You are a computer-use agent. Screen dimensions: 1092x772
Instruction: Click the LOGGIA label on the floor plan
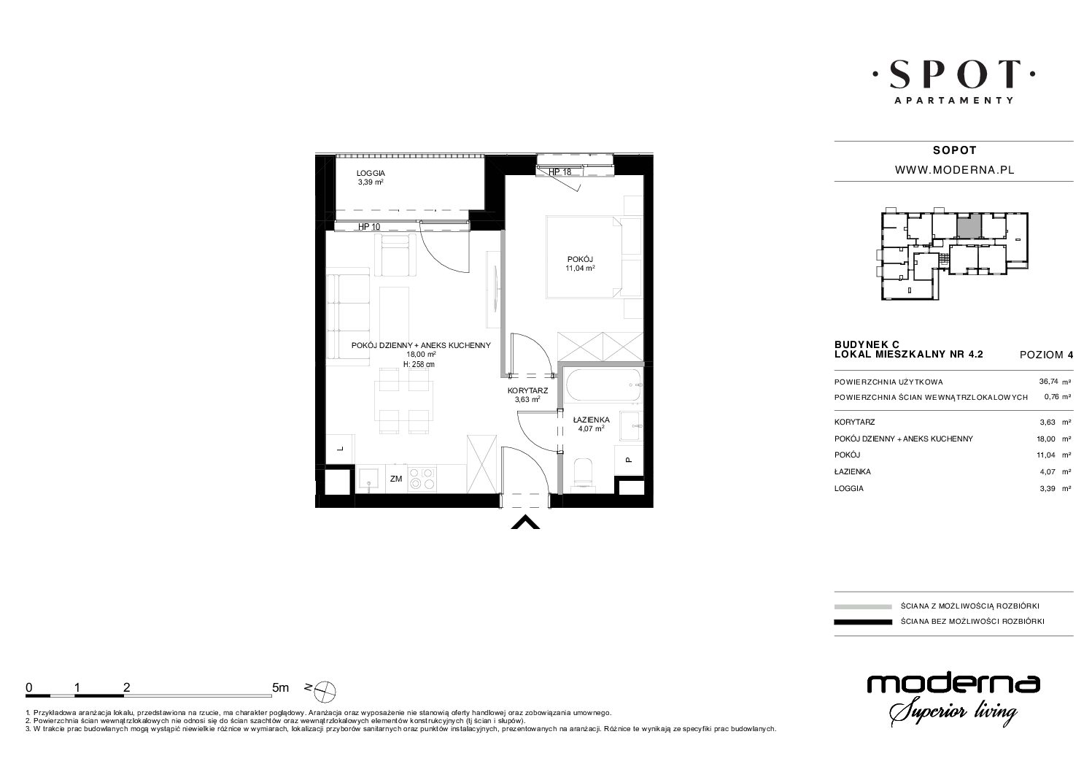[371, 173]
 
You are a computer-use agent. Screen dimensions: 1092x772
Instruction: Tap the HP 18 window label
[559, 172]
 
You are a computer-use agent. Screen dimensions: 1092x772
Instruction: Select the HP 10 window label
[369, 227]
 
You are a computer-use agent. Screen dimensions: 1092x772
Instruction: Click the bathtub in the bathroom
[603, 386]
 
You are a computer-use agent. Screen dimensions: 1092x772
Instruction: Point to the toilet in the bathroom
[583, 472]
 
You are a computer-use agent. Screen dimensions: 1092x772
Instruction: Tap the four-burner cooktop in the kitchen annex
[422, 479]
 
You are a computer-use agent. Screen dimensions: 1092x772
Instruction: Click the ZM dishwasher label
[396, 479]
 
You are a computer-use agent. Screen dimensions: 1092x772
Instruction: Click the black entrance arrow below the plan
[525, 522]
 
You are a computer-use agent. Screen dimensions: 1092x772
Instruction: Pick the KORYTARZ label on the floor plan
[527, 390]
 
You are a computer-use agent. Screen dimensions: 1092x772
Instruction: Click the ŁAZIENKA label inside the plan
[592, 420]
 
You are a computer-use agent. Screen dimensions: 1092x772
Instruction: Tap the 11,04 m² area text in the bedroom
[580, 269]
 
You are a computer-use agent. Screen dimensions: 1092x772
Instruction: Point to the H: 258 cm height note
[419, 364]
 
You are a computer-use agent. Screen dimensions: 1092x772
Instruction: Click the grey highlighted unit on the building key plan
[969, 225]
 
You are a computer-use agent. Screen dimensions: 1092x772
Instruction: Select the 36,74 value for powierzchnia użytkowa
[1049, 382]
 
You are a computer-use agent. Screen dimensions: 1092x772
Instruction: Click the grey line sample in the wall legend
[863, 606]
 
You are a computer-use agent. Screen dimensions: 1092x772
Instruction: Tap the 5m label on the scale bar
[280, 687]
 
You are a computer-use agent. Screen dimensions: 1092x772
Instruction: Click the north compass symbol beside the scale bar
[325, 691]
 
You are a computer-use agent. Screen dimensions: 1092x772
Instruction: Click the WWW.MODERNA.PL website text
[955, 170]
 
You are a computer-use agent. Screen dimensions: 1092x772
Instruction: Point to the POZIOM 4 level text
[1046, 355]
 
